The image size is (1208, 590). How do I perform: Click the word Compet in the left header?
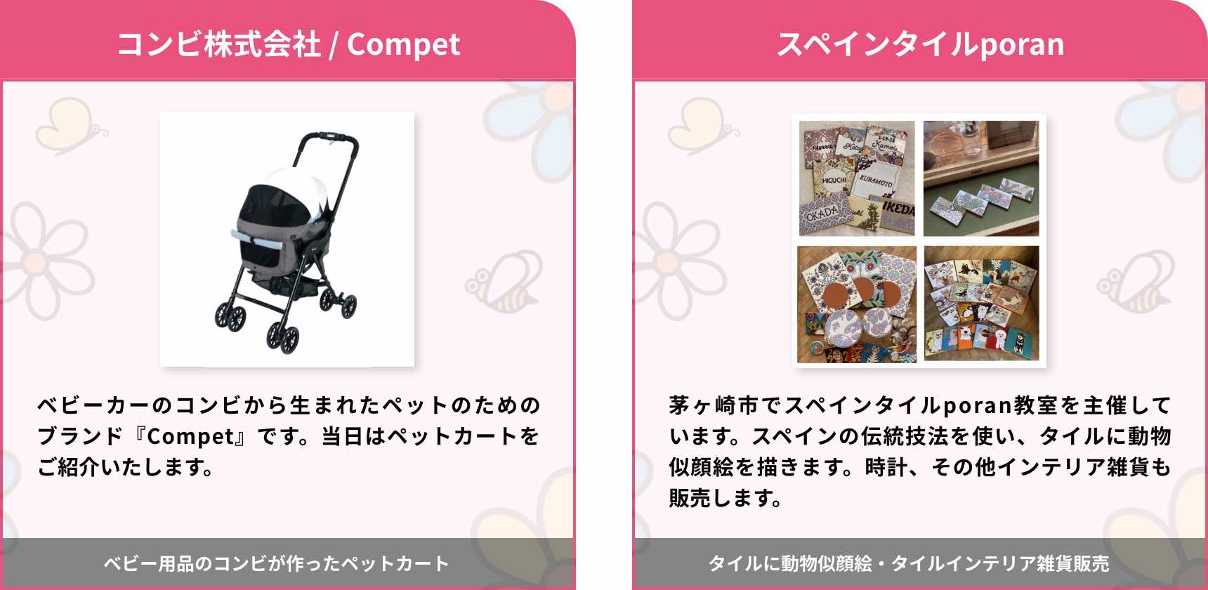pyautogui.click(x=403, y=45)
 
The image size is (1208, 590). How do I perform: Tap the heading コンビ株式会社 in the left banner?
pyautogui.click(x=218, y=44)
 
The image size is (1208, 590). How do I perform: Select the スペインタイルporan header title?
pyautogui.click(x=920, y=44)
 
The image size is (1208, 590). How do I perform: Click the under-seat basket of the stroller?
pyautogui.click(x=288, y=284)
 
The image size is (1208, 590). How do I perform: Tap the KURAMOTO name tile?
pyautogui.click(x=877, y=181)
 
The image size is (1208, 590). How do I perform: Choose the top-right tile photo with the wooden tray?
pyautogui.click(x=981, y=178)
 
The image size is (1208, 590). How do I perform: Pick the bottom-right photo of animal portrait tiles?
pyautogui.click(x=981, y=303)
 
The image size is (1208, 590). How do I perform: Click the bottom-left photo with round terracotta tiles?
pyautogui.click(x=857, y=303)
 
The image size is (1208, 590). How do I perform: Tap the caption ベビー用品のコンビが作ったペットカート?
pyautogui.click(x=276, y=563)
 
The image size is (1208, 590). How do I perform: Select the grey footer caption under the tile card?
pyautogui.click(x=909, y=563)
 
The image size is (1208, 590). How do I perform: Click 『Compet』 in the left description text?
pyautogui.click(x=190, y=436)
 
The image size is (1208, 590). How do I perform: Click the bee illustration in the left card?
pyautogui.click(x=503, y=281)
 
